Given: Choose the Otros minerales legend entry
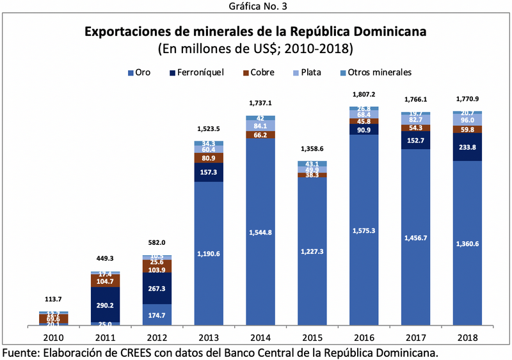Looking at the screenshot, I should coord(371,72).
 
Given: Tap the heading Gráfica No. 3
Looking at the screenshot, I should coord(256,6).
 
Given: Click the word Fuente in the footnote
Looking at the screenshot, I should coord(21,352).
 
